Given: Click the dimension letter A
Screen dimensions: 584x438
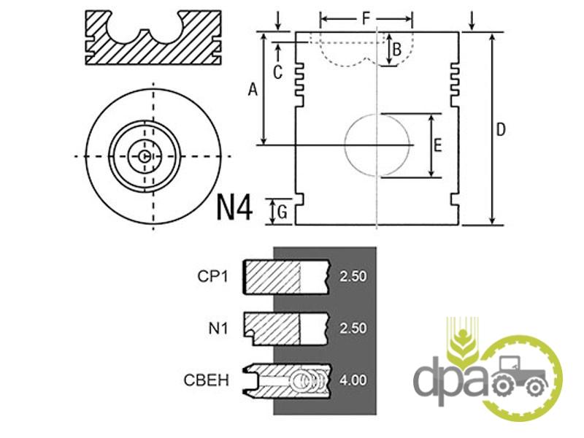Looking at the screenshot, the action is [x=253, y=90].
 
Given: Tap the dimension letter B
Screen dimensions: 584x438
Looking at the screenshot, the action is [x=397, y=49].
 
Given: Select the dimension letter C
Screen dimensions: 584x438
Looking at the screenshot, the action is [x=277, y=72].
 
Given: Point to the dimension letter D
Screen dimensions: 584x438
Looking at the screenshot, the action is [x=502, y=130].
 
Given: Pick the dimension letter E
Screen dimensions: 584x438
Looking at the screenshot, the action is [x=438, y=145].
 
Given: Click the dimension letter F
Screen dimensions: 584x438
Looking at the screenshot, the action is [x=366, y=19].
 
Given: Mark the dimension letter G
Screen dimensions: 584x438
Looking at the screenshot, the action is [x=283, y=212].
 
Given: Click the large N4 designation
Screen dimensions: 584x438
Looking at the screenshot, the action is [x=234, y=208].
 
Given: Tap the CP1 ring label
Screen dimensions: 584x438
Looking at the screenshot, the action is [x=212, y=277].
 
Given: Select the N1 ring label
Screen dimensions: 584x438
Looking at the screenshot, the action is [x=218, y=328].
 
